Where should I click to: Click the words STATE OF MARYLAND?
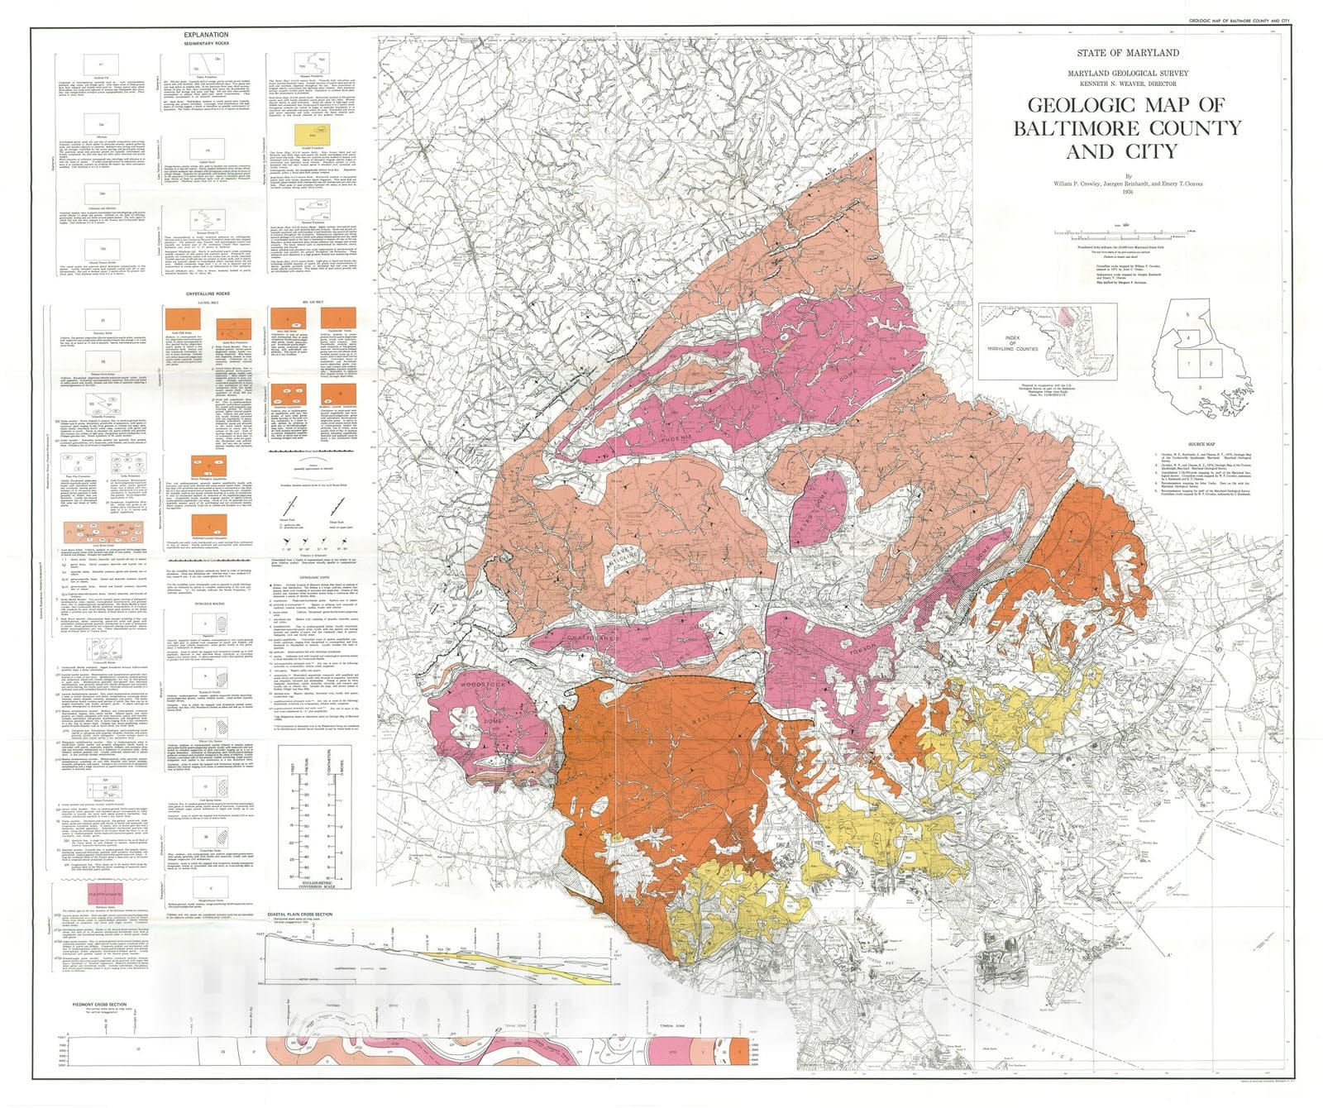1128,52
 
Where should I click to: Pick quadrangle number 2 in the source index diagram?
1211,363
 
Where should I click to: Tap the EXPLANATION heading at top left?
207,36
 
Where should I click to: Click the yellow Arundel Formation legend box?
306,131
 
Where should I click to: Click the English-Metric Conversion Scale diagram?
314,814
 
